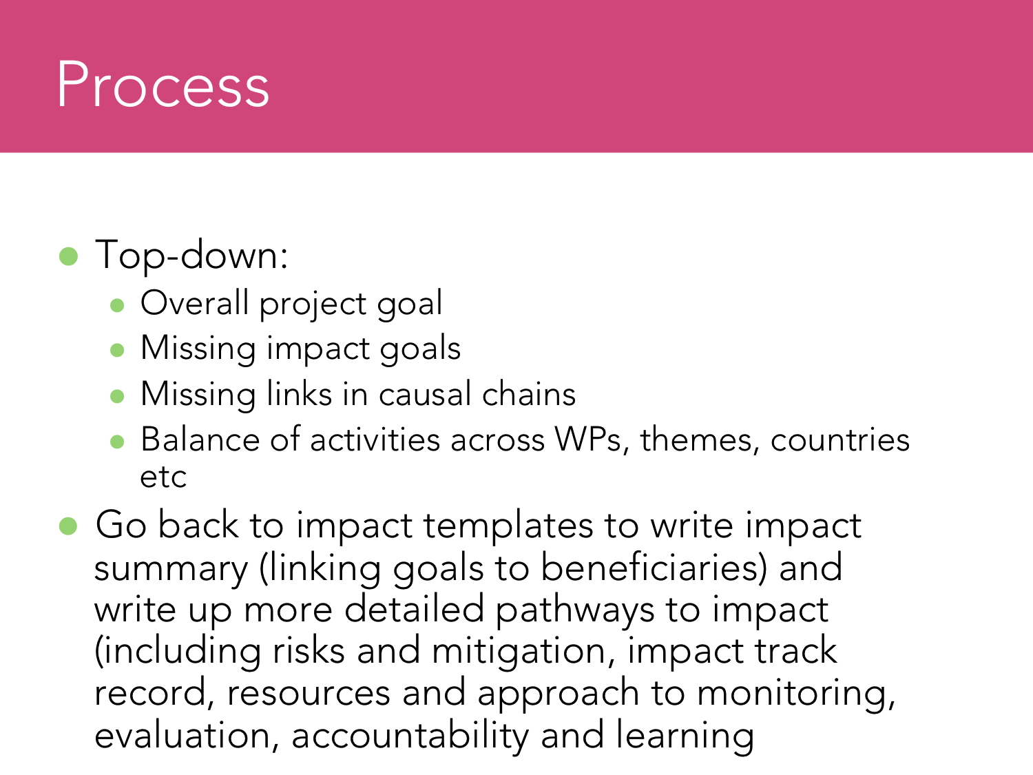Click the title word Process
coord(163,85)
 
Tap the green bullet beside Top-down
coord(69,256)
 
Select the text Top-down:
coord(191,256)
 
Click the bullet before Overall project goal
coord(117,305)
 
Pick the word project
coord(313,305)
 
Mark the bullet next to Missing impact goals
coord(117,350)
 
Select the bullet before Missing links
coord(117,395)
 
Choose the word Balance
coord(200,440)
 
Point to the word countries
coord(840,440)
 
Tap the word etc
coord(163,477)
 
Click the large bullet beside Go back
coord(68,526)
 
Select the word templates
coord(508,526)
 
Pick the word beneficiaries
coord(654,567)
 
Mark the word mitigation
coord(523,652)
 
